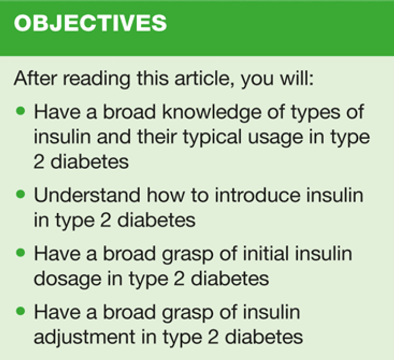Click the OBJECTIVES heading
coord(90,23)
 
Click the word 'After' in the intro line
coord(35,78)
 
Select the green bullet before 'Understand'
coord(20,194)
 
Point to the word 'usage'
coord(275,138)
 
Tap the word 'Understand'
coord(87,196)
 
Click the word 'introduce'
coord(257,196)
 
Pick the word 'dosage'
coord(68,280)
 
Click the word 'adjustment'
coord(85,337)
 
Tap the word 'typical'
coord(212,138)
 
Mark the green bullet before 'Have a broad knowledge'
coord(20,111)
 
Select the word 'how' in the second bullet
coord(165,196)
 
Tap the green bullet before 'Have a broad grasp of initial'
coord(20,253)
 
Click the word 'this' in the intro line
coord(152,78)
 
